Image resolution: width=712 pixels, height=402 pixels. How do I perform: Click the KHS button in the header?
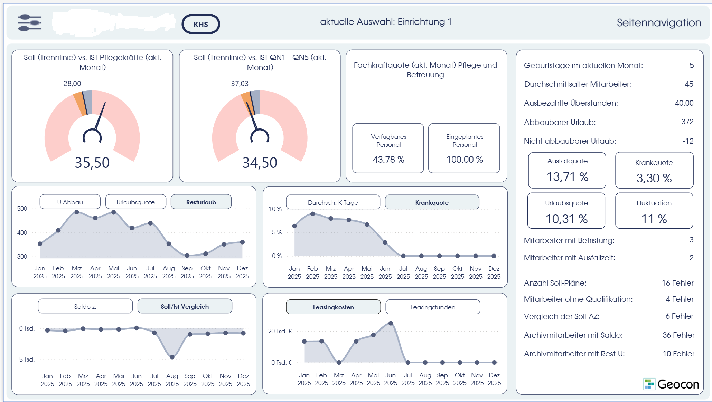(x=201, y=24)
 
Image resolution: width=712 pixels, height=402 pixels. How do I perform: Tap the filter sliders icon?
(x=30, y=23)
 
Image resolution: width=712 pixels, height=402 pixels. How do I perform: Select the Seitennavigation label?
(x=659, y=23)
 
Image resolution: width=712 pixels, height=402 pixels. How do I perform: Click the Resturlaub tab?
(x=201, y=202)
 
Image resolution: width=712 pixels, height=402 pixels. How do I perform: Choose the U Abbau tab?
(x=70, y=202)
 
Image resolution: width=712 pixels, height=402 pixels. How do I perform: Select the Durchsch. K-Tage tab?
(x=333, y=202)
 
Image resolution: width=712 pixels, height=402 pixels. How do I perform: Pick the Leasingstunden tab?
(x=433, y=307)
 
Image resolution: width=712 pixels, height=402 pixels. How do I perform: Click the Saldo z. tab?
(x=85, y=306)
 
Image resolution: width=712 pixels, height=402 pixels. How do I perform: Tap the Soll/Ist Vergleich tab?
(x=185, y=306)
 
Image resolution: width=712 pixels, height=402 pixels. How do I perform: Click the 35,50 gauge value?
(x=92, y=163)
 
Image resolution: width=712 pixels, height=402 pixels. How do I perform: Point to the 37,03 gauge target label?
(x=240, y=84)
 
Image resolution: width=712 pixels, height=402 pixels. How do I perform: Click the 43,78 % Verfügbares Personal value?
(x=388, y=160)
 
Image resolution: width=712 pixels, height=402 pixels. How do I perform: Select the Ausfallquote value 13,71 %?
(x=567, y=177)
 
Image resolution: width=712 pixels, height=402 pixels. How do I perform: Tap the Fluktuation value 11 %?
(x=654, y=219)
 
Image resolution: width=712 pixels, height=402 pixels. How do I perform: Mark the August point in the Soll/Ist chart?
(x=172, y=357)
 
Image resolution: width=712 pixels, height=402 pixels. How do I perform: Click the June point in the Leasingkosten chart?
(x=391, y=323)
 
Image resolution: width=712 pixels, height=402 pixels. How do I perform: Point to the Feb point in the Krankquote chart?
(x=312, y=214)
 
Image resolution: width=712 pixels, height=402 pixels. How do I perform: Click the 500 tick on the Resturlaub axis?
(x=22, y=209)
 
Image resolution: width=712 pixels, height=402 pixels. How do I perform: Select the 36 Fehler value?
(x=678, y=335)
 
